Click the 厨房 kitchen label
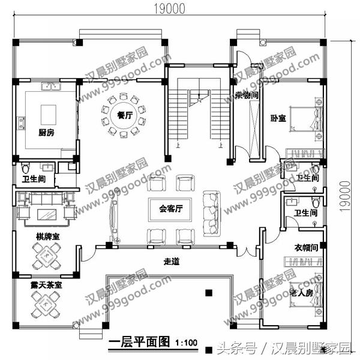coord(46,133)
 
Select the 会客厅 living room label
coord(171,209)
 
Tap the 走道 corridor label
coord(173,262)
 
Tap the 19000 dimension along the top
coord(168,8)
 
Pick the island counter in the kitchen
coord(48,114)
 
